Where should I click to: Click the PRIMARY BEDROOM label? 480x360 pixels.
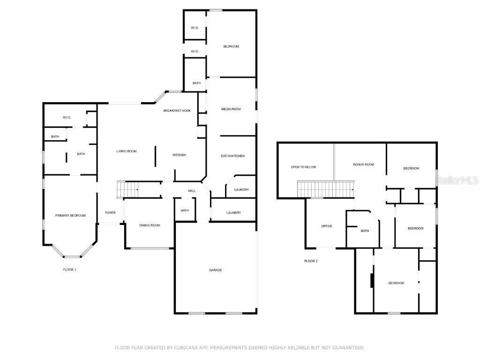point(70,215)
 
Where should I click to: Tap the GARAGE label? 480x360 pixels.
point(216,270)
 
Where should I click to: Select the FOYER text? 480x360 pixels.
point(110,213)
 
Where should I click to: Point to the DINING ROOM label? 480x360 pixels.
point(150,225)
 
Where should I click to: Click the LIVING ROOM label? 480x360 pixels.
point(127,151)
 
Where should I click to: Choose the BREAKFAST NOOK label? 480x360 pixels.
point(177,111)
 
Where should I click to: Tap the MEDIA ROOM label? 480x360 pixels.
point(231,109)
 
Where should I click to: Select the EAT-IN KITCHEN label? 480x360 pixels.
point(233,156)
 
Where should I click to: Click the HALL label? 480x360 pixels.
point(192,191)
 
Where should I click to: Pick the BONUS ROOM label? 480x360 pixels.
point(364,165)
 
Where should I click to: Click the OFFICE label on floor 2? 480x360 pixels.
point(327,226)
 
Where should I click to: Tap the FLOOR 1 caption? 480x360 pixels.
point(70,270)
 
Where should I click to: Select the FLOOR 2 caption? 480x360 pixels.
point(311,261)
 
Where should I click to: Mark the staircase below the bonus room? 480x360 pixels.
point(325,190)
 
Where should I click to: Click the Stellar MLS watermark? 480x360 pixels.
point(457,180)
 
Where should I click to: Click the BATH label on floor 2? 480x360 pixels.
point(365,231)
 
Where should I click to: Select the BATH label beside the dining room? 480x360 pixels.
point(185,210)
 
